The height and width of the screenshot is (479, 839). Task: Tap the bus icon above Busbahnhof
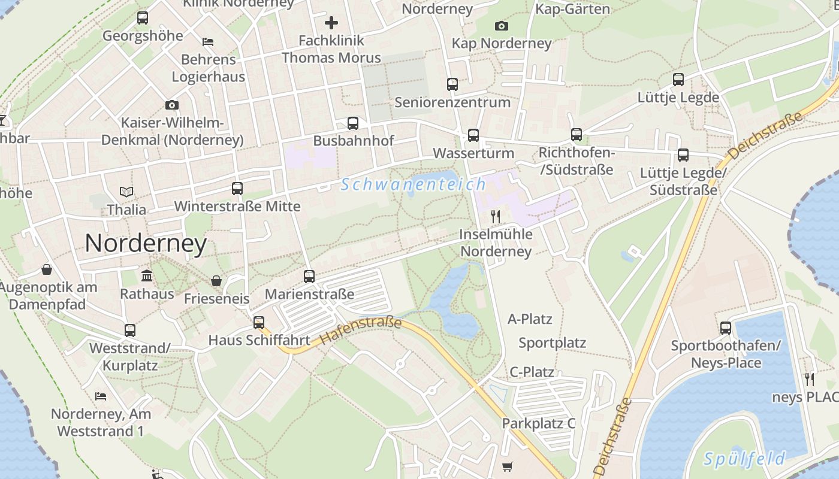click(353, 123)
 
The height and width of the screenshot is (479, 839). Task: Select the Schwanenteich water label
click(413, 184)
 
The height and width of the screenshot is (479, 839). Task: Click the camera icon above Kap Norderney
click(502, 26)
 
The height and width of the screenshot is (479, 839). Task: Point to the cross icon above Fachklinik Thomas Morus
click(331, 23)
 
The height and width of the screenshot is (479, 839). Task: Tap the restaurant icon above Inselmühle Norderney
click(496, 216)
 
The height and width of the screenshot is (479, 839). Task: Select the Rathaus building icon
click(147, 276)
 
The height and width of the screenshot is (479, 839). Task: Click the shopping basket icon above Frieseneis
click(216, 281)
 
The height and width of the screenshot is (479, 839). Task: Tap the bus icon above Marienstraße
click(309, 277)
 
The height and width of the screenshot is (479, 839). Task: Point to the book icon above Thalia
click(126, 192)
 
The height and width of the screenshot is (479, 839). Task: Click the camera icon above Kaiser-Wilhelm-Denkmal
click(172, 105)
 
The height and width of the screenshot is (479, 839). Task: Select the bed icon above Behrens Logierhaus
click(208, 42)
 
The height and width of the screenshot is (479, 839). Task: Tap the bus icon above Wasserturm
click(473, 135)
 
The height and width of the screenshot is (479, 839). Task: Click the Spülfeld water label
click(744, 459)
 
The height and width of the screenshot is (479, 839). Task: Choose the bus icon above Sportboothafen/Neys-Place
click(726, 328)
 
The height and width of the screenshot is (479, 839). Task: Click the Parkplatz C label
click(538, 423)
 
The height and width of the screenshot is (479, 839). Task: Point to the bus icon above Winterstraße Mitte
click(237, 189)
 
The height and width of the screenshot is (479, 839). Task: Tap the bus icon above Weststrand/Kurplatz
click(130, 331)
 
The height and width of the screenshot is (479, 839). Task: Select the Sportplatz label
click(552, 343)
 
